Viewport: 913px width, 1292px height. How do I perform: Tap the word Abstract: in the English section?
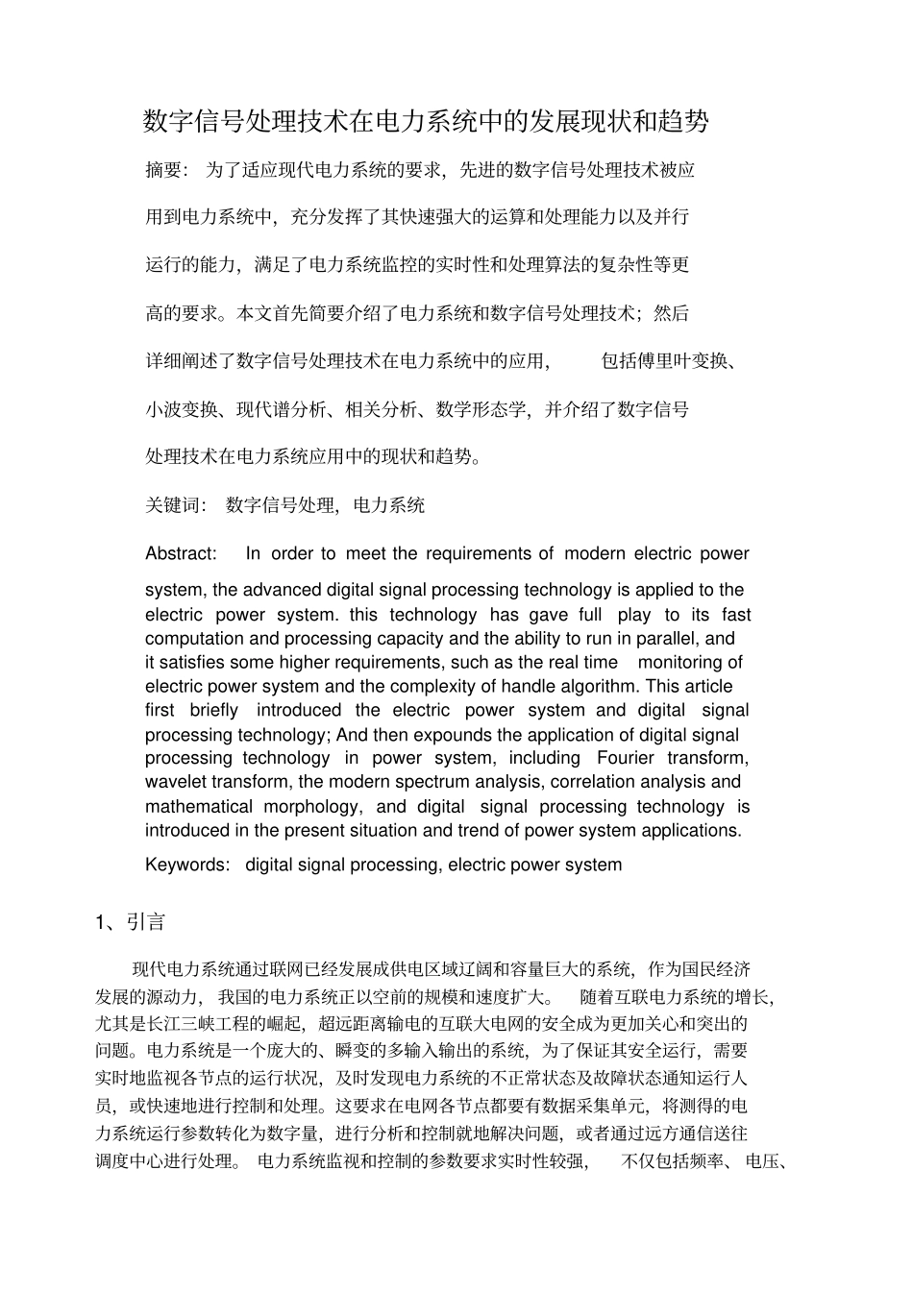[181, 553]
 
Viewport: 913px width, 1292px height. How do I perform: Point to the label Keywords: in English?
[187, 865]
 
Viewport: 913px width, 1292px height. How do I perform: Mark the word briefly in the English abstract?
[213, 710]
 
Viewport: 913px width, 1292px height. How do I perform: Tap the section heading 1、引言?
[131, 922]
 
